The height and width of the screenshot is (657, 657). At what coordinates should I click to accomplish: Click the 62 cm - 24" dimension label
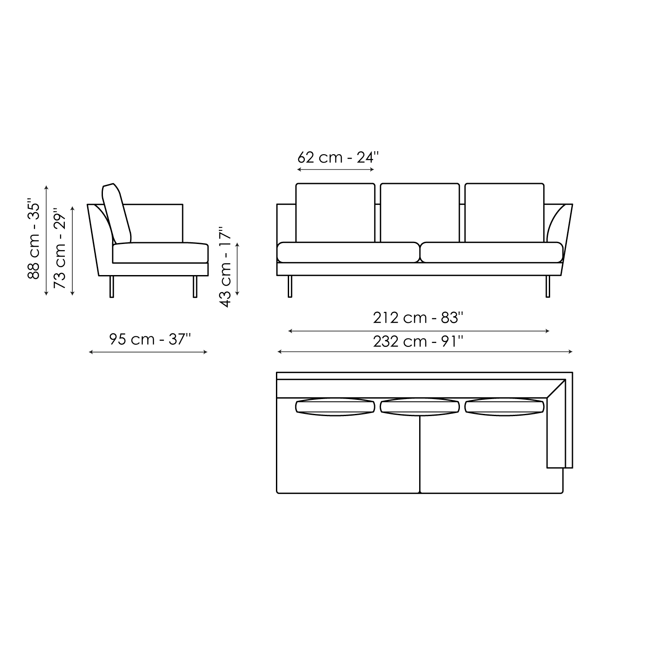[x=337, y=157]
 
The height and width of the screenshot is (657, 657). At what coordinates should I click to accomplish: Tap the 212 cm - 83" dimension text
[x=418, y=318]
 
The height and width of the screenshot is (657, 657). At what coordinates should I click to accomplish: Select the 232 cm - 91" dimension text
[x=418, y=341]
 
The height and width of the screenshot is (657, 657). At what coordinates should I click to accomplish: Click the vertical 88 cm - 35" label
[x=34, y=240]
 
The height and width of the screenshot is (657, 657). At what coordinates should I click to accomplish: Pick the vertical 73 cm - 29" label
[x=60, y=250]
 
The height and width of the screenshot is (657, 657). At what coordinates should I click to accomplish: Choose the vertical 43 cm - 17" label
[x=225, y=267]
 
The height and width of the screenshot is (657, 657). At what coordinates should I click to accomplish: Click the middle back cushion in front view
[x=420, y=212]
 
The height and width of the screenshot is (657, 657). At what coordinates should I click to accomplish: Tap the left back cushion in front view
[x=336, y=212]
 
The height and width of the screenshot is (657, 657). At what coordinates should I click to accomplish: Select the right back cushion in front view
[x=505, y=212]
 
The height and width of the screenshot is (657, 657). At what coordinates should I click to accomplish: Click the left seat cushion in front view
[x=348, y=252]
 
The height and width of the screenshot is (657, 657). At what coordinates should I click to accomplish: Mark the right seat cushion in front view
[x=491, y=252]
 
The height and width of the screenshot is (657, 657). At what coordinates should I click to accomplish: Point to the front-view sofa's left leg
[x=290, y=286]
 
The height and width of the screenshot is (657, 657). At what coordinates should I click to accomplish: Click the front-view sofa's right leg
[x=547, y=286]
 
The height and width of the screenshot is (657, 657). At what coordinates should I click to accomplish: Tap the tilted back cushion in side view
[x=117, y=214]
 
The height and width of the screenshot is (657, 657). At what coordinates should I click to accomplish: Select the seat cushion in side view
[x=160, y=253]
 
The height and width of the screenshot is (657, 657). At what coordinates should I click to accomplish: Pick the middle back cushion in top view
[x=420, y=407]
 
